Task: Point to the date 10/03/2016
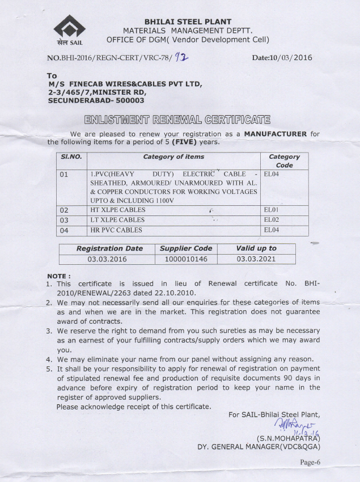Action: point(291,57)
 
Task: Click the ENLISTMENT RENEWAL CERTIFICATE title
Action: point(177,119)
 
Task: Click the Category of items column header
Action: point(173,157)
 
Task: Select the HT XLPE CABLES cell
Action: point(118,210)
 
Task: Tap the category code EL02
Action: point(273,220)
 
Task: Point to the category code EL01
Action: point(273,210)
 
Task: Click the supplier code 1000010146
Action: point(186,259)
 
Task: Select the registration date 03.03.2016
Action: point(107,259)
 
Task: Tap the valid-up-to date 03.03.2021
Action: point(256,259)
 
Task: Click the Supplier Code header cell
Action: point(186,248)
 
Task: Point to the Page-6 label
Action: point(310,462)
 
